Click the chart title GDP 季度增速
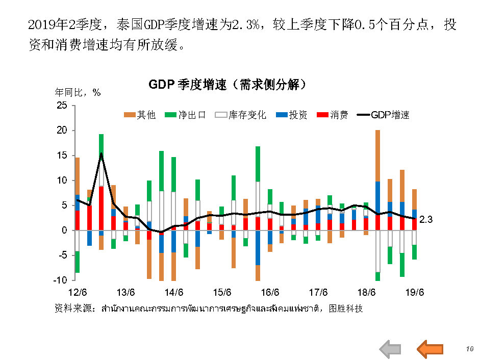[228, 84]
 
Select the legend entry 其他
[140, 115]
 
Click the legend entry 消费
[333, 115]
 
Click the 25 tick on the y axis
[62, 106]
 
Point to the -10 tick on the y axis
[61, 280]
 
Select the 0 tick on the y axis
[65, 230]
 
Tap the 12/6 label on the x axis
[77, 293]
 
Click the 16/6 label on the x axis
[270, 293]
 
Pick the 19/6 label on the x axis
[414, 293]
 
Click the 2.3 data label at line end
[426, 220]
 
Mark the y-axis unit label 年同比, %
[78, 93]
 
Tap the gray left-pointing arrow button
[391, 349]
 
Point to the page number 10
[470, 349]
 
